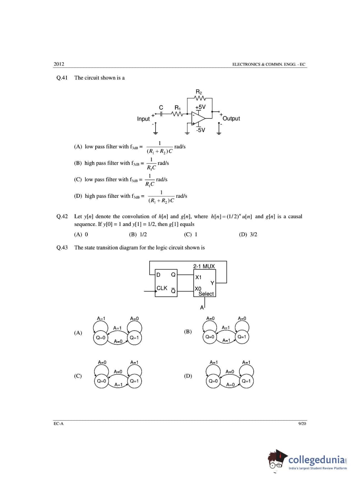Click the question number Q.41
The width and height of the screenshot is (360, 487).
pos(62,78)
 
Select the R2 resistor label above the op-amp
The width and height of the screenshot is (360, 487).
pos(199,92)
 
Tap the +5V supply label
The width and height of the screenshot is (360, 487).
pos(200,107)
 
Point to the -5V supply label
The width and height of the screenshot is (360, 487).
pos(200,130)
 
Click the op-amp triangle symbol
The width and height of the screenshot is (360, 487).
pos(198,117)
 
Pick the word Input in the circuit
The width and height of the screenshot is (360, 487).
pos(143,119)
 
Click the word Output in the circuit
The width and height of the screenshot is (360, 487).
pos(231,119)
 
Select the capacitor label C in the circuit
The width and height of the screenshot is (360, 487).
pos(161,107)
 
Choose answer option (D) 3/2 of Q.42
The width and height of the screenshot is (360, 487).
pos(248,235)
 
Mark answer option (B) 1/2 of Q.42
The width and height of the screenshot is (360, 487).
pos(138,235)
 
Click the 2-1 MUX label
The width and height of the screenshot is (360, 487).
pos(204,266)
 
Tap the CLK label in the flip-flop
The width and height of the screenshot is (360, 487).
pos(162,288)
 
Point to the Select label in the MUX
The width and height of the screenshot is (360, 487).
pos(206,294)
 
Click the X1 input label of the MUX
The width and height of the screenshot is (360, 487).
pos(198,277)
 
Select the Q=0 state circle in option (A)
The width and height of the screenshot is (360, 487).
pos(101,338)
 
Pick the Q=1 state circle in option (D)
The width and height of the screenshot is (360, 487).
pos(246,381)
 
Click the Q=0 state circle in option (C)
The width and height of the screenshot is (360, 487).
pos(101,381)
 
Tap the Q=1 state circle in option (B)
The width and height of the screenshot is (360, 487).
pos(242,337)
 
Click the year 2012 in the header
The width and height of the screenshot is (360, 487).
pos(59,64)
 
